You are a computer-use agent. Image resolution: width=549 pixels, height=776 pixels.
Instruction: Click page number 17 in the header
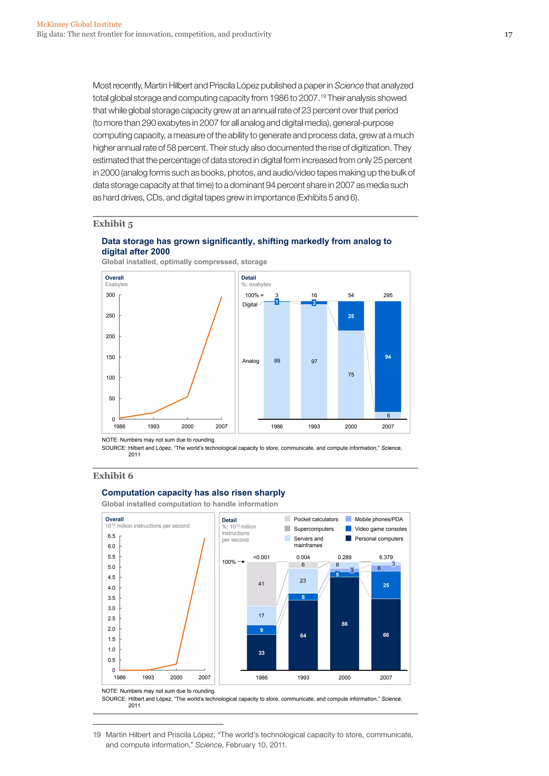coord(508,35)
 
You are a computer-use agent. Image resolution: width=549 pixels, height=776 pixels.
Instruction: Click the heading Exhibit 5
coord(113,224)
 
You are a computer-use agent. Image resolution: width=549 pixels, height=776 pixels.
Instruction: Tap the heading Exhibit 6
coord(113,476)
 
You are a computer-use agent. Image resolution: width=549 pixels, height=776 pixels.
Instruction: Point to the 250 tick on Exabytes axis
coord(110,316)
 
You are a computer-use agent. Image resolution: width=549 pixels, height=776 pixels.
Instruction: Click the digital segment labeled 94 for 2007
coord(388,357)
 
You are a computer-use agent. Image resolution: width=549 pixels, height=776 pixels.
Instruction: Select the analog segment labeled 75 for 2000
coord(351,375)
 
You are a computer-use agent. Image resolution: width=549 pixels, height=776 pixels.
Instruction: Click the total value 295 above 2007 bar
coord(388,295)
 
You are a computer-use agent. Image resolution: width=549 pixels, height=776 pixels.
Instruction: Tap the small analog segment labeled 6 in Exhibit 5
coord(388,415)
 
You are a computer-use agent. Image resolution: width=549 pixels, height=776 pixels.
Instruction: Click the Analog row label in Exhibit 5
coord(250,361)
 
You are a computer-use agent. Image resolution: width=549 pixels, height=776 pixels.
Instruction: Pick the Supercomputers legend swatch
coord(287,529)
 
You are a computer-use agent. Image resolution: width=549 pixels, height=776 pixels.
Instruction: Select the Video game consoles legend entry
coord(381,529)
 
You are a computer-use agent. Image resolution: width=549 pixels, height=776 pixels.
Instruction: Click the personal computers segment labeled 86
coord(344,624)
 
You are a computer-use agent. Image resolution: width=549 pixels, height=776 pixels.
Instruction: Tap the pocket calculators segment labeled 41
coord(261,584)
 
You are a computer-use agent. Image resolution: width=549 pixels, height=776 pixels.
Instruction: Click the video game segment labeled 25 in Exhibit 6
coord(386,585)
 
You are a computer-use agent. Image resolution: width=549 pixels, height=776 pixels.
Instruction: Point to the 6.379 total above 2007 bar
coord(386,557)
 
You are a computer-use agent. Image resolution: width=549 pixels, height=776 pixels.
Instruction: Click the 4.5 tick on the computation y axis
coord(111,577)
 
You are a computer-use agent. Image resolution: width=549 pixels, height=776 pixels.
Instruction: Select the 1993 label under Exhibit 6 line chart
coord(148,677)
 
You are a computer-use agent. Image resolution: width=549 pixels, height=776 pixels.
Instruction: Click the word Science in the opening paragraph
coord(349,85)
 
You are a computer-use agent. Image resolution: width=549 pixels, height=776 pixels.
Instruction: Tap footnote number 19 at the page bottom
coord(97,735)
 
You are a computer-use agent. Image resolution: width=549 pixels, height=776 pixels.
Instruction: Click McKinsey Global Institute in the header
coord(79,24)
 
